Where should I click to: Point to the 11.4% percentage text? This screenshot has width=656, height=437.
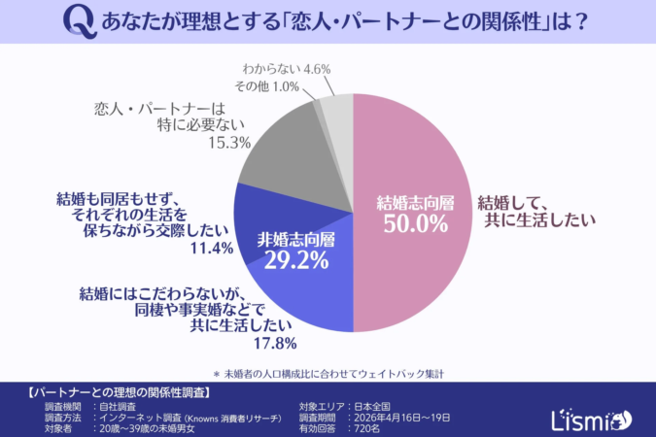pyautogui.click(x=211, y=249)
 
